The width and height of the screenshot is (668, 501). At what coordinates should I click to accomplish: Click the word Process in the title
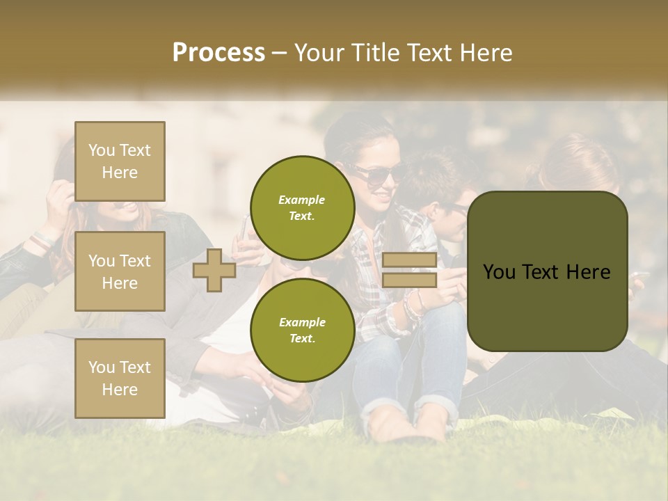point(218,53)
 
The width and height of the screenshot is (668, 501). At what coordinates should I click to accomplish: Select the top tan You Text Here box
point(120,161)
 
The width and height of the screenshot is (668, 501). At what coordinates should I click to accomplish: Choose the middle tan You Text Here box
point(120,271)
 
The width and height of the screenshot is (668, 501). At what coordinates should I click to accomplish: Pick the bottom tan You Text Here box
point(120,378)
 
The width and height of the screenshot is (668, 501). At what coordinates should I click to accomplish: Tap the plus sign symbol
point(214,271)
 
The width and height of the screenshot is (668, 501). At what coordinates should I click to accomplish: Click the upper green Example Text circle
point(302,207)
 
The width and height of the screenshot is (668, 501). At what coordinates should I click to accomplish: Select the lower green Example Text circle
point(302,330)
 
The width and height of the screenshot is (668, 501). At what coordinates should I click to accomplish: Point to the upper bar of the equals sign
point(409,260)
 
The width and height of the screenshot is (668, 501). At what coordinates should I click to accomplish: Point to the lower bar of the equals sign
point(409,280)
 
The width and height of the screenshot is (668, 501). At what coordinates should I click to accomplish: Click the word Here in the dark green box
point(587,272)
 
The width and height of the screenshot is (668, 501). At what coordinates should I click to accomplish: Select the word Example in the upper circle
point(302,200)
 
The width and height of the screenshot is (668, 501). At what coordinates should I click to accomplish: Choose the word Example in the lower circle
point(302,322)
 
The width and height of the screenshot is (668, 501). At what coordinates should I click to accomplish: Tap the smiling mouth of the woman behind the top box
point(129,207)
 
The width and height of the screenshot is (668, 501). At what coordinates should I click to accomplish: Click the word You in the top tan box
point(102,150)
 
